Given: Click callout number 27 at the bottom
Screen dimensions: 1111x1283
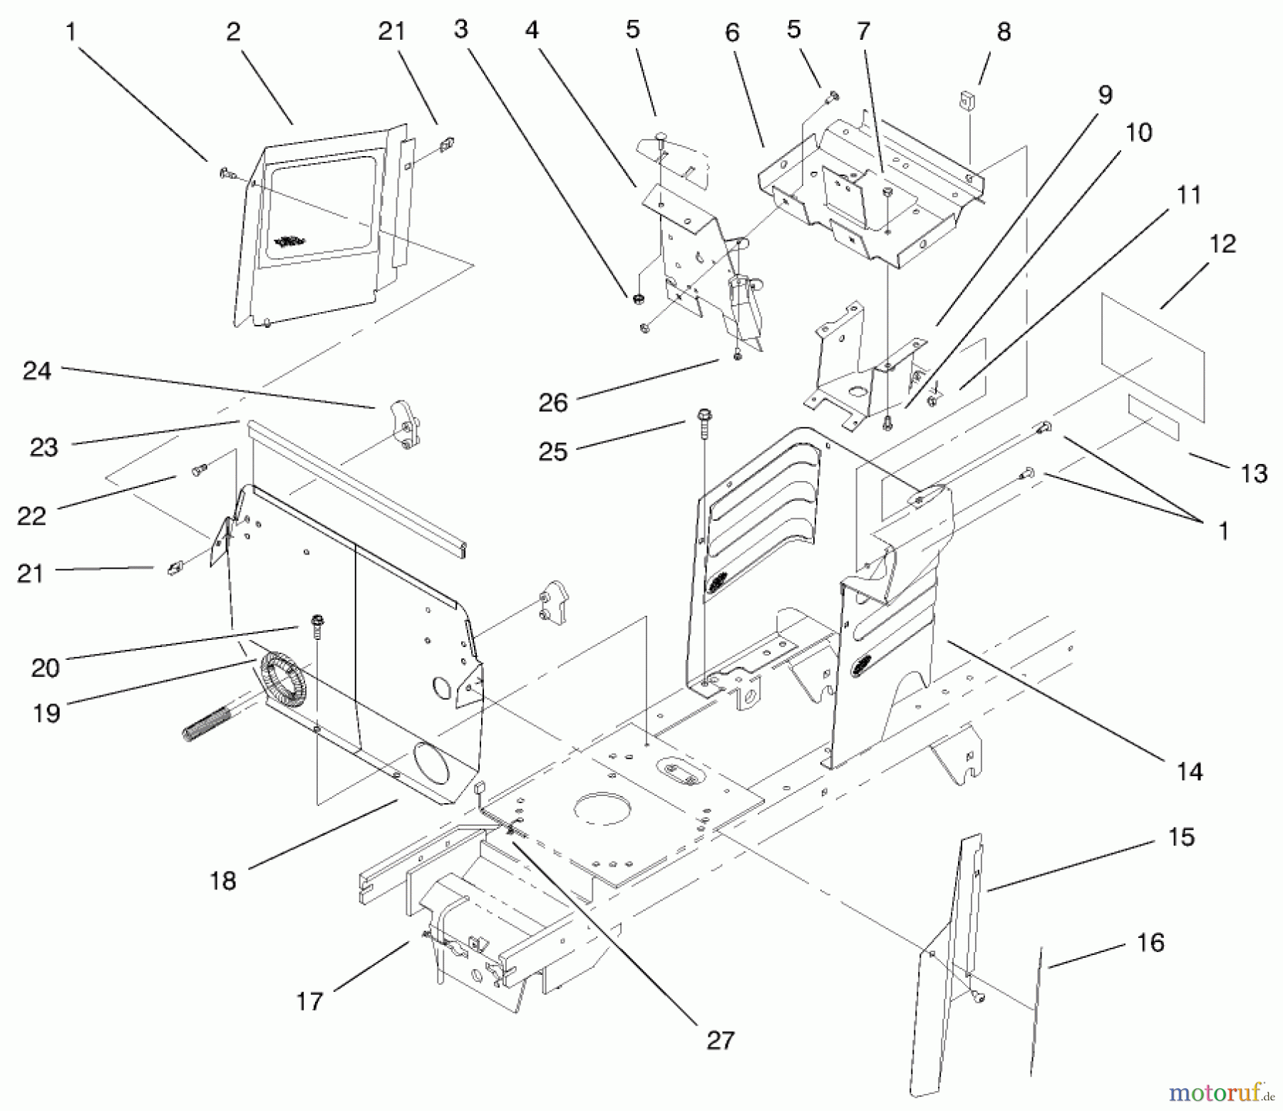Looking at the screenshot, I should (720, 1040).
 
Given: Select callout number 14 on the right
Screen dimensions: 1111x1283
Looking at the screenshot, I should (1190, 771).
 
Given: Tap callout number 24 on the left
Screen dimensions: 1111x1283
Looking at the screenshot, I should (37, 371).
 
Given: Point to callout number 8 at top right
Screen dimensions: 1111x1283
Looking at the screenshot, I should (1004, 31).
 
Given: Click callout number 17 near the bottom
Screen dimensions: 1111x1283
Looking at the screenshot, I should (309, 1001).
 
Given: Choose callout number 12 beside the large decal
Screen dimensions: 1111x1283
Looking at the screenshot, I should (1223, 244).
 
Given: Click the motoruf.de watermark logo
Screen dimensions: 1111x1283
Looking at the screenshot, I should (1221, 1092).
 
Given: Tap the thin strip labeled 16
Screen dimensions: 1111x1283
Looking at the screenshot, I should (1036, 1012).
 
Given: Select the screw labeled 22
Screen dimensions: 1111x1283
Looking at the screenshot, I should (198, 470).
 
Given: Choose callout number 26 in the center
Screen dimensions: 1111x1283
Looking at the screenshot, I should (552, 403).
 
